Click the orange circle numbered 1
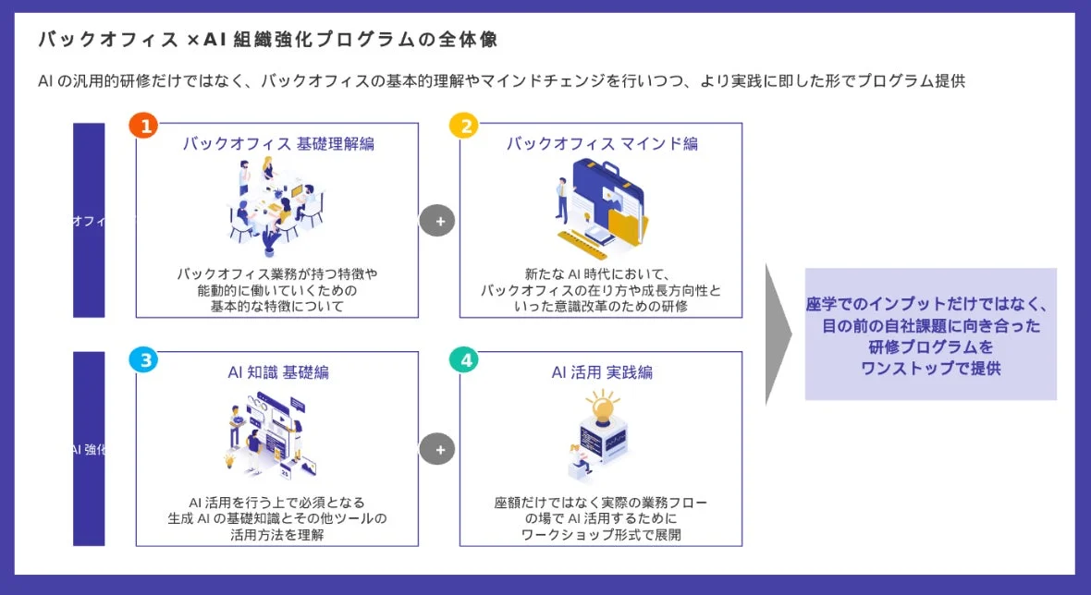point(142,126)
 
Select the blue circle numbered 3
point(142,360)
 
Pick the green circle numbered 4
point(464,360)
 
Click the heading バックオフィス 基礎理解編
point(277,144)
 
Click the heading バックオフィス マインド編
point(602,144)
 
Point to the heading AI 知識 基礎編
point(277,372)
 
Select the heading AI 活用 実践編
point(602,372)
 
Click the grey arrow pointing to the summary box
point(778,334)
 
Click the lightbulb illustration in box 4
point(602,407)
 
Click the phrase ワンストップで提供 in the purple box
point(930,368)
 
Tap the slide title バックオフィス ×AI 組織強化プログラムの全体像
point(268,41)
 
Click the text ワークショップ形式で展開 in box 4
point(601,535)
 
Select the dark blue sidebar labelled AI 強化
point(89,450)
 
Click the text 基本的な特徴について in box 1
point(277,306)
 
